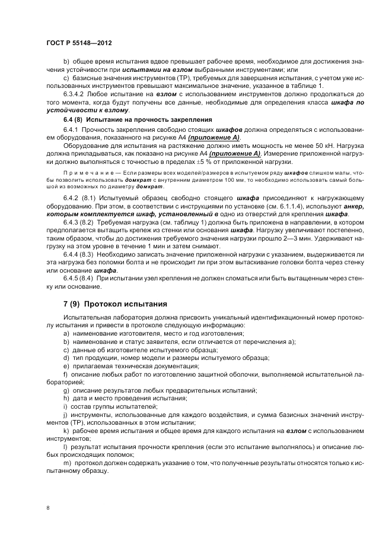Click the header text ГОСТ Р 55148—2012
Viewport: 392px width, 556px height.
click(78, 44)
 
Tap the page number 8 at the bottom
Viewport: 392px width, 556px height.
click(49, 508)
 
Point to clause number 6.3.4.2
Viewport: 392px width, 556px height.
click(74, 94)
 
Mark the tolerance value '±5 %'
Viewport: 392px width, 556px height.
click(206, 162)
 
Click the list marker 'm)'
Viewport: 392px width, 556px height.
click(66, 462)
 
